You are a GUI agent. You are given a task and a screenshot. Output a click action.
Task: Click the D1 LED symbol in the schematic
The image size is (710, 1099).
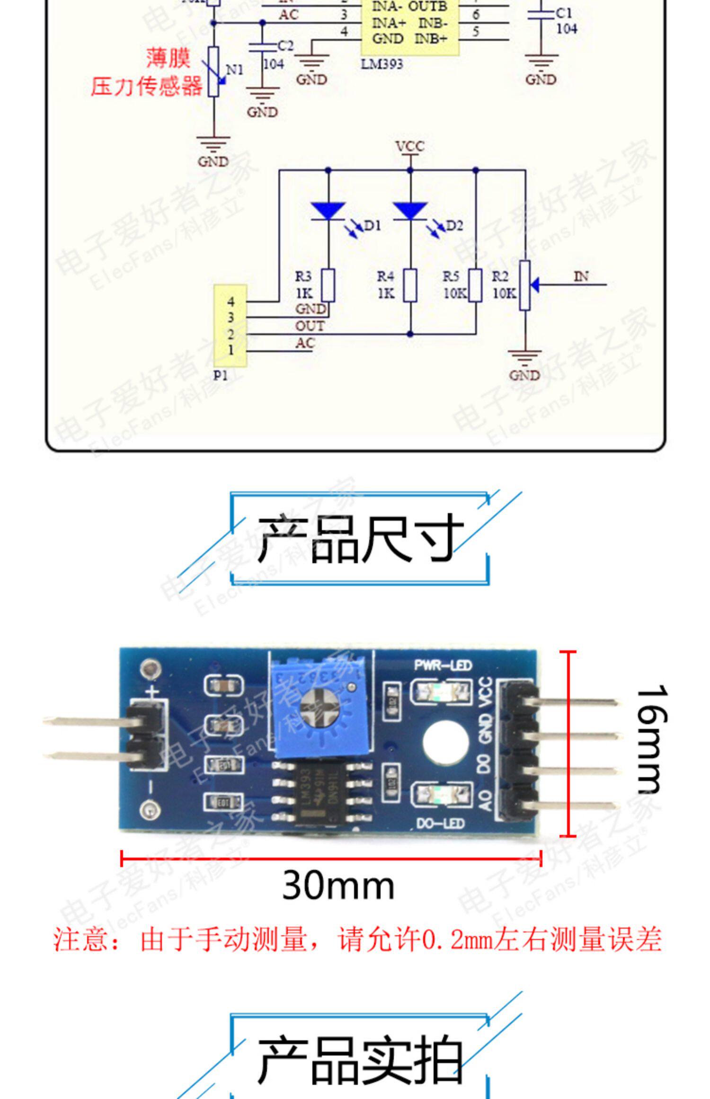pos(328,211)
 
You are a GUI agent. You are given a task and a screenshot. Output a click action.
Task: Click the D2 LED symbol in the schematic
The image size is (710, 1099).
pos(410,211)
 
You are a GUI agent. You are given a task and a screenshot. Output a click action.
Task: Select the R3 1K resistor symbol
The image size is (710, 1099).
pos(328,285)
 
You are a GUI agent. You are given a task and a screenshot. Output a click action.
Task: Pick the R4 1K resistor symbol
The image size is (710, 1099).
pos(410,285)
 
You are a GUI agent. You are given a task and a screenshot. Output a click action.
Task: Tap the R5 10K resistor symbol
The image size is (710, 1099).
pos(475,285)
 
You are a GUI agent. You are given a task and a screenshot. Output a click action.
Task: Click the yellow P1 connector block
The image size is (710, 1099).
pos(230,326)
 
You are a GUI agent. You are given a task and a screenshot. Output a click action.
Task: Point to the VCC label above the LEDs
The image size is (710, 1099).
pos(410,147)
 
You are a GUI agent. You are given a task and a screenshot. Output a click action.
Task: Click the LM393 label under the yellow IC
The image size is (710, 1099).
pos(382,64)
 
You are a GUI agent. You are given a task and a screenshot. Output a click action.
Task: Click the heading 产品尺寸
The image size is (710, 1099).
pos(360,539)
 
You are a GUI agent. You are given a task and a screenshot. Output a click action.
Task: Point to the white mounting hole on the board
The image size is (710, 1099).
pos(445,742)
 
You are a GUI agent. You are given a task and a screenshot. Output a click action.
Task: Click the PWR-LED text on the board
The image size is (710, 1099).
pos(443,665)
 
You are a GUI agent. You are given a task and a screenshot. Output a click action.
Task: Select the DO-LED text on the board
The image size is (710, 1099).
pos(440,824)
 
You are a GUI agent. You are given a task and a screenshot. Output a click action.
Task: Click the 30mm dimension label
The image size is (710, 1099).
pos(338,885)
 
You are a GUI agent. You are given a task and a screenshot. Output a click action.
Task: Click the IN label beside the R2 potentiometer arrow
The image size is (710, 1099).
pos(581,276)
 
